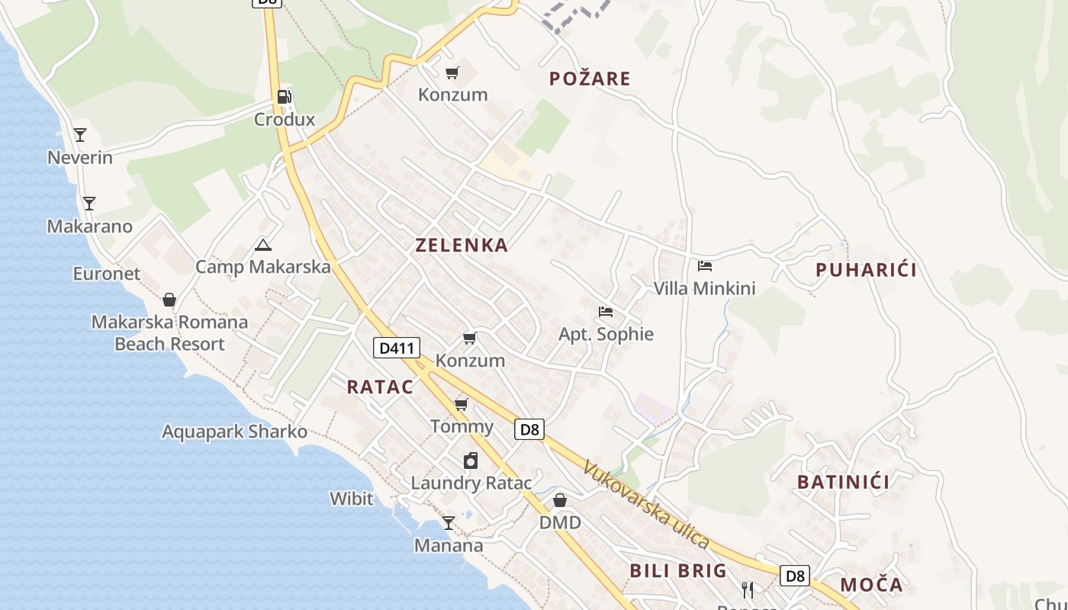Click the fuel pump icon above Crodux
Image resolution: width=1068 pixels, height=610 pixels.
tap(284, 97)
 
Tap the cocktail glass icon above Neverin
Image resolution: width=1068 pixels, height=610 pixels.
tap(80, 135)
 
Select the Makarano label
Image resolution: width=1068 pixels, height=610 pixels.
tap(89, 226)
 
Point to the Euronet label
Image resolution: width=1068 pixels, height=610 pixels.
tap(107, 274)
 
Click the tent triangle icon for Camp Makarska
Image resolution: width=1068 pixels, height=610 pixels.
tap(263, 245)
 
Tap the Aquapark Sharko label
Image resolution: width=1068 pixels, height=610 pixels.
tap(234, 432)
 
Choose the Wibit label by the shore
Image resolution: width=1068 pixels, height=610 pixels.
tap(352, 499)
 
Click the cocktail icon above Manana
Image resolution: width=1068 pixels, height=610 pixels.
tap(449, 523)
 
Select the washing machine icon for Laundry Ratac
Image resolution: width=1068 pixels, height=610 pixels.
tap(471, 461)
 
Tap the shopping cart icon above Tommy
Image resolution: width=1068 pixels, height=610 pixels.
tap(462, 403)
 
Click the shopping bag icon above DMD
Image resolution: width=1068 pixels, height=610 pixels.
tap(560, 500)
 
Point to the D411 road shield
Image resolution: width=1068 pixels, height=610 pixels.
tap(397, 348)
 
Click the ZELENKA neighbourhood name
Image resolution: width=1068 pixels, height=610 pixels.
tap(462, 245)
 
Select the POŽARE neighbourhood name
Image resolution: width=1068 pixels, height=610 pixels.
tap(590, 79)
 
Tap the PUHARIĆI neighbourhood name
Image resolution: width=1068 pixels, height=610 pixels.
tap(866, 270)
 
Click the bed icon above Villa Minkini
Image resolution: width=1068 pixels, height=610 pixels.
tap(705, 266)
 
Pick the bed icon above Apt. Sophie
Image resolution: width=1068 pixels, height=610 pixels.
tap(606, 311)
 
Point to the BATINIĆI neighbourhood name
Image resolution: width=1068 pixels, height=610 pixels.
tap(843, 482)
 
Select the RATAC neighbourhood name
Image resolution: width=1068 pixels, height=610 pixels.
tap(380, 387)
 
